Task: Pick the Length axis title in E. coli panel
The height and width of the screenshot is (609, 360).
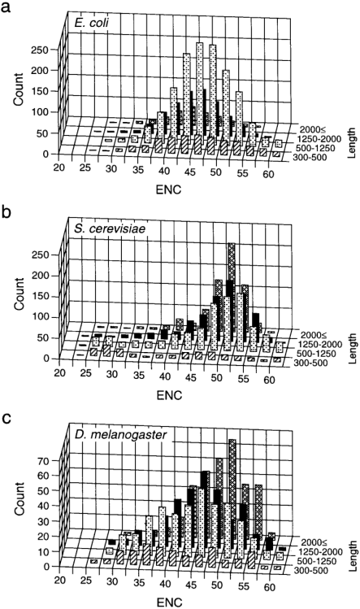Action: [x=352, y=135]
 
